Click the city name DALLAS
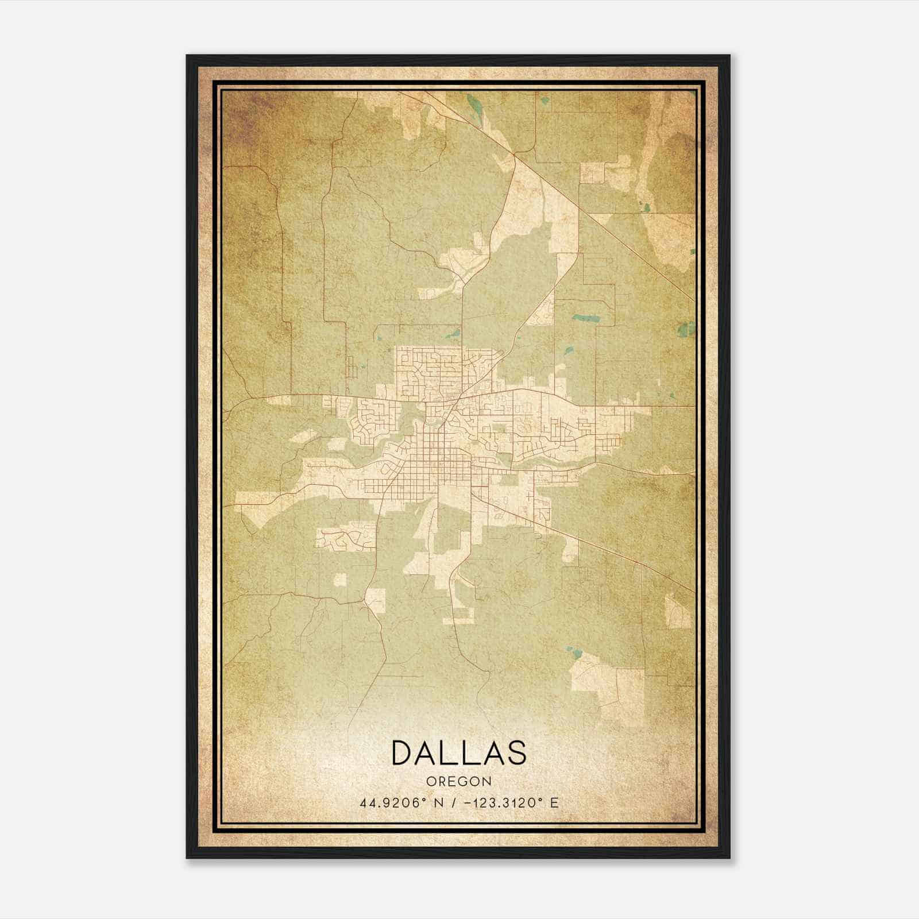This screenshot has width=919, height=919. (458, 752)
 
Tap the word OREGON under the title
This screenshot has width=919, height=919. (458, 781)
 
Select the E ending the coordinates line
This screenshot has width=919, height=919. (554, 802)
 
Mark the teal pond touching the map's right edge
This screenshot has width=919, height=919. (685, 329)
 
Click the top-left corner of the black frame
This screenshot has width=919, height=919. (188, 56)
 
